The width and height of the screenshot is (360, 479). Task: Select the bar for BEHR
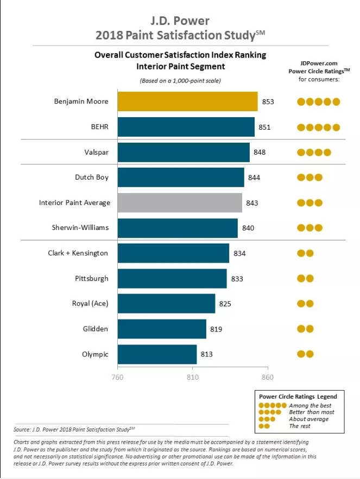pyautogui.click(x=186, y=127)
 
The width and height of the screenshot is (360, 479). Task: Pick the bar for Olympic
pyautogui.click(x=157, y=354)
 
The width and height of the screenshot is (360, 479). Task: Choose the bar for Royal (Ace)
pyautogui.click(x=166, y=304)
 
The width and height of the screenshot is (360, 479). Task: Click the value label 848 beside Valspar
pyautogui.click(x=260, y=152)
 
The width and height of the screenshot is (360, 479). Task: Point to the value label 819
pyautogui.click(x=216, y=329)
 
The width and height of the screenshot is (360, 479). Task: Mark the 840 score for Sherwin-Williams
pyautogui.click(x=248, y=228)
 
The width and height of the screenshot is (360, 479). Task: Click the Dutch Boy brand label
pyautogui.click(x=92, y=177)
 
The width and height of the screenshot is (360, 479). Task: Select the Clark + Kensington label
pyautogui.click(x=78, y=253)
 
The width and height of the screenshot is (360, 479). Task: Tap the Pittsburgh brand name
pyautogui.click(x=91, y=278)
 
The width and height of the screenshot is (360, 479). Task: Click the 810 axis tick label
pyautogui.click(x=192, y=377)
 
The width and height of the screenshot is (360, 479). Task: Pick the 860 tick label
pyautogui.click(x=267, y=377)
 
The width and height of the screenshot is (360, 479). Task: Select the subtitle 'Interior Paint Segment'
pyautogui.click(x=180, y=67)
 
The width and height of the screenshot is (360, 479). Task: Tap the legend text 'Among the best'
pyautogui.click(x=310, y=405)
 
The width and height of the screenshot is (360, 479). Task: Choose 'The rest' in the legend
pyautogui.click(x=300, y=426)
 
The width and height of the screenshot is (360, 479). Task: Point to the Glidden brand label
pyautogui.click(x=96, y=329)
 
